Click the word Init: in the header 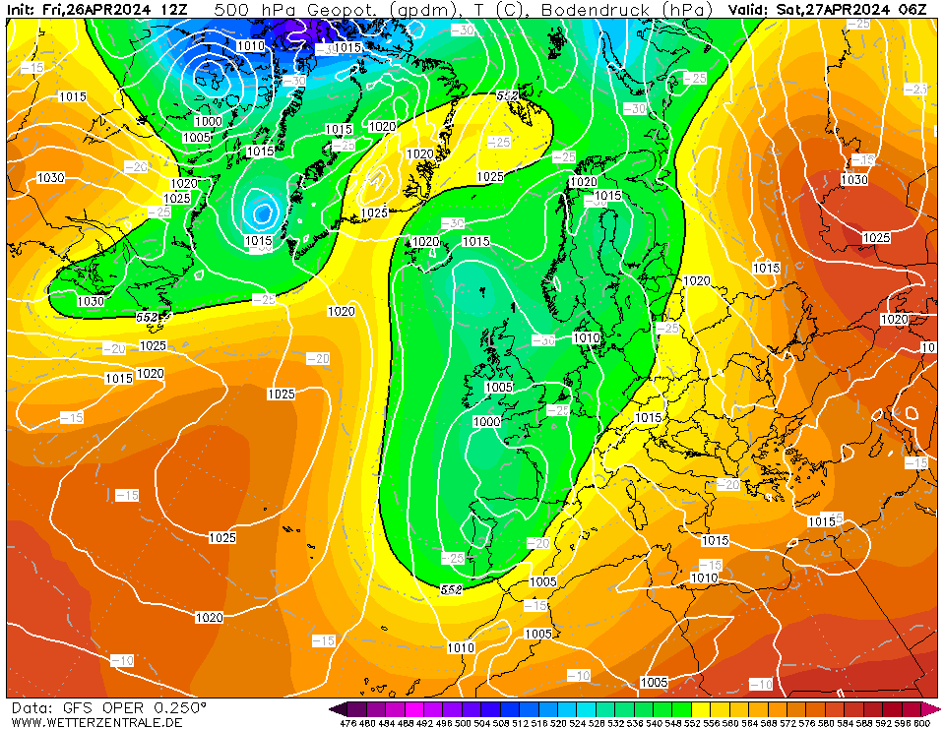point(23,10)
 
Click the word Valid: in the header point(750,10)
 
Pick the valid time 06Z point(912,10)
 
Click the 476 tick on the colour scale point(347,723)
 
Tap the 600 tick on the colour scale point(921,723)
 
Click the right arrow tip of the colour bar point(938,708)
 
